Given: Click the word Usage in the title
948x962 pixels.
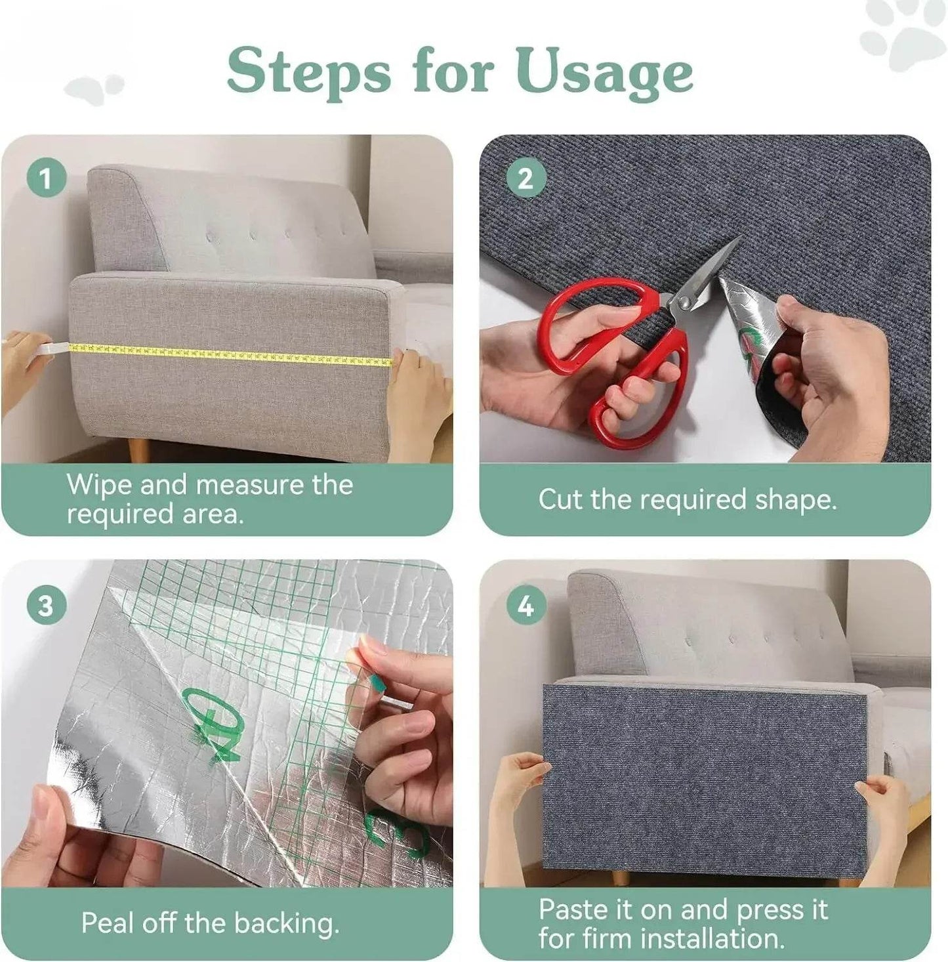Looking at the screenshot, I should [x=604, y=72].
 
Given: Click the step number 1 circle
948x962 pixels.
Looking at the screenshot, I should [x=45, y=178].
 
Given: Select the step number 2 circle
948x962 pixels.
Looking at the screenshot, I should [x=526, y=178].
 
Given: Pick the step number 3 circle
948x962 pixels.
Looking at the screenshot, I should [x=45, y=606].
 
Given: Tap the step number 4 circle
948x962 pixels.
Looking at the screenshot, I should [x=526, y=607].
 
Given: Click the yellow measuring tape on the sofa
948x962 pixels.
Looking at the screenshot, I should [x=230, y=353].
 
